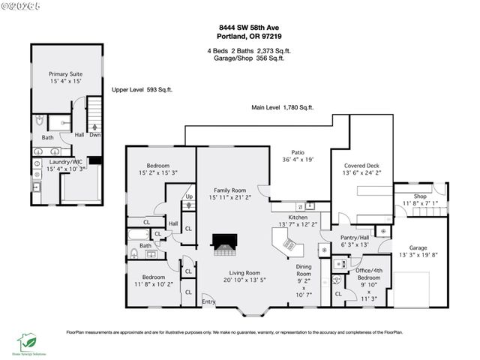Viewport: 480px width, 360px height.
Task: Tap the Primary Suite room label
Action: (x=66, y=77)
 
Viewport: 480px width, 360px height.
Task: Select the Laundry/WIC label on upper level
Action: (x=67, y=165)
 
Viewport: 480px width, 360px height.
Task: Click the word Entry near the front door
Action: (x=208, y=302)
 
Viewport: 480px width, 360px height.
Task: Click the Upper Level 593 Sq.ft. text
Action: (x=142, y=89)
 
